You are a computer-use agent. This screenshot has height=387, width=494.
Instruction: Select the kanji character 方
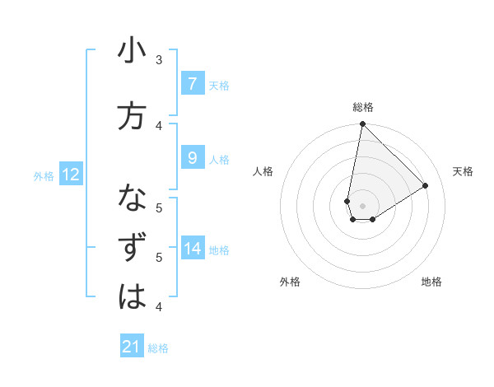[132, 116]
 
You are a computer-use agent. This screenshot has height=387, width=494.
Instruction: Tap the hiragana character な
[132, 200]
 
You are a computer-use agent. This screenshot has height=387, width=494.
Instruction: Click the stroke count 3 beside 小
[159, 60]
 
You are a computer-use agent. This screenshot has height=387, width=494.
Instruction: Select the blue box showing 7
[192, 84]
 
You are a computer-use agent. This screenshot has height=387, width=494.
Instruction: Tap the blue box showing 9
[192, 158]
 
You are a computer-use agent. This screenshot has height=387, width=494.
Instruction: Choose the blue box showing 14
[192, 249]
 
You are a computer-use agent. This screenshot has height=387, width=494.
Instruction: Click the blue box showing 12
[70, 175]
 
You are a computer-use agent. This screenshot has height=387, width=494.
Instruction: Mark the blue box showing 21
[132, 347]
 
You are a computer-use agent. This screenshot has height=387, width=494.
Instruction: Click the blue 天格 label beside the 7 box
[219, 85]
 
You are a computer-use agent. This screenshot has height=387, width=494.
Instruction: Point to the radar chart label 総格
[363, 107]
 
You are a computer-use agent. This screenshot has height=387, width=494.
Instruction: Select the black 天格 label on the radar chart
[464, 171]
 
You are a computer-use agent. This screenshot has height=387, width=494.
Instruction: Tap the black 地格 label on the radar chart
[431, 282]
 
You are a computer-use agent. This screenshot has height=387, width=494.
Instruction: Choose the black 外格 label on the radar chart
[290, 282]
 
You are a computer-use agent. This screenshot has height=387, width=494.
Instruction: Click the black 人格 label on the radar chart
[263, 171]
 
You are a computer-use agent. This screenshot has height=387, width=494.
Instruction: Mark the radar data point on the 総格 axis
[362, 124]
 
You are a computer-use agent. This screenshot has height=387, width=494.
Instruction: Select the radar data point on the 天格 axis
[426, 185]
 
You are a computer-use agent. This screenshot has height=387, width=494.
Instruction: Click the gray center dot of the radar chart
[362, 206]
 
